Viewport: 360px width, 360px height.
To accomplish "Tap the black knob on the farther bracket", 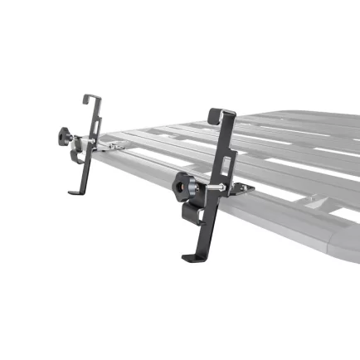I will click(x=65, y=135).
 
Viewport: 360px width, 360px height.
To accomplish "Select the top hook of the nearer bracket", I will click(x=217, y=114).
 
